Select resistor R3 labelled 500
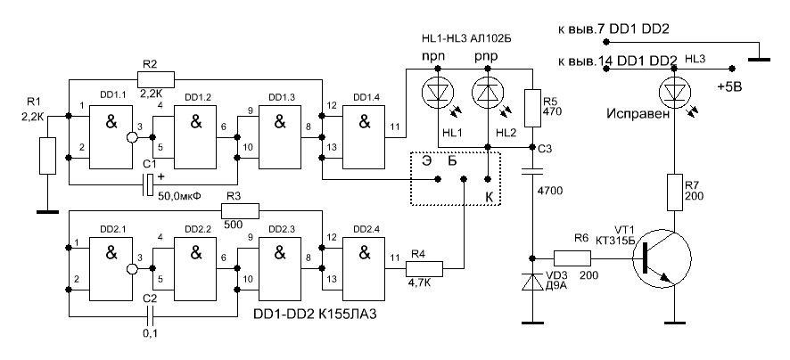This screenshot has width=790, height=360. (240, 210)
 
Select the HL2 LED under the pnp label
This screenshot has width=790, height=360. (487, 90)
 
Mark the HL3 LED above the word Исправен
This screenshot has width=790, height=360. (674, 91)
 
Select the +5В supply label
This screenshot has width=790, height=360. (730, 88)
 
